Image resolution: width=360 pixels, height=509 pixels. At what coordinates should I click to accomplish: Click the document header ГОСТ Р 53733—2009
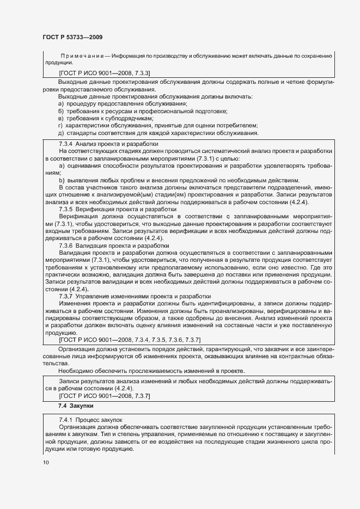tap(72, 37)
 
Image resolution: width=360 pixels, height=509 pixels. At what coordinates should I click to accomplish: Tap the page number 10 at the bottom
tap(46, 463)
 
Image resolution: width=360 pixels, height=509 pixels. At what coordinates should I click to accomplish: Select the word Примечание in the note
tap(83, 56)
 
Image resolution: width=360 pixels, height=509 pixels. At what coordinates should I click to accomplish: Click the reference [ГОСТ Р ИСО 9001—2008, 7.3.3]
tap(105, 72)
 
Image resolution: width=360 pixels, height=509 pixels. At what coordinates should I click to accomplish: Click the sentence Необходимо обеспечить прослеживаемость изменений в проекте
tap(154, 370)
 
